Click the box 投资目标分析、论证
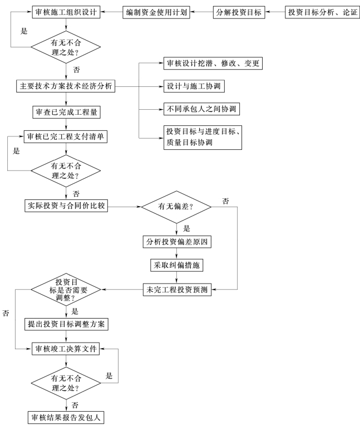pos(322,12)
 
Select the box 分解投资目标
pos(239,12)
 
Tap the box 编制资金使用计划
pos(156,12)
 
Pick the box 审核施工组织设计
pos(66,12)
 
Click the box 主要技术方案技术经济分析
pos(66,86)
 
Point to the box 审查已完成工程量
pos(66,112)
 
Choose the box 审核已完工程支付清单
pos(66,136)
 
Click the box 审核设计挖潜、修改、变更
pos(213,63)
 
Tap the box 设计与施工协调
pos(194,86)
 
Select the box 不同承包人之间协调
pos(201,109)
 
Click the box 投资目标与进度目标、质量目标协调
pos(203,137)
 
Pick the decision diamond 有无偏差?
pos(176,207)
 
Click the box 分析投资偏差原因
pos(177,242)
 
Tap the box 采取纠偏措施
pos(177,265)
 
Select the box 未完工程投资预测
pos(177,290)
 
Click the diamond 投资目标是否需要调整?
pos(66,290)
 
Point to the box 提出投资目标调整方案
pos(66,324)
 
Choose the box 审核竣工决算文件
pos(66,349)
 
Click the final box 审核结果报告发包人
pos(66,417)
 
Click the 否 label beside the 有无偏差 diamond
pos(225,201)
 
